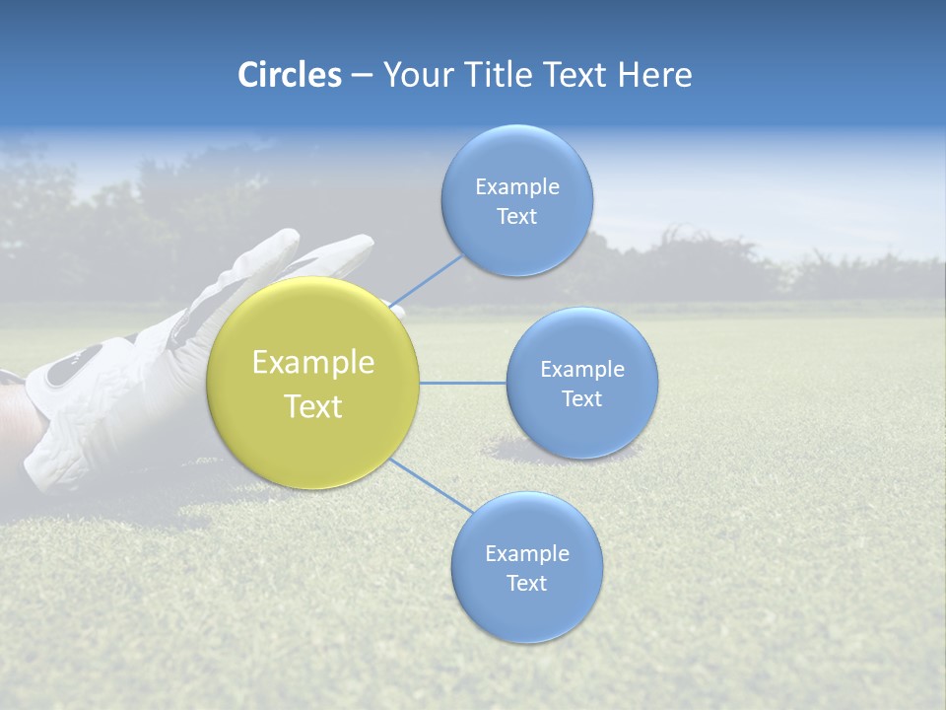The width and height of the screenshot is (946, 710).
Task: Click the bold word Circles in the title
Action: click(289, 75)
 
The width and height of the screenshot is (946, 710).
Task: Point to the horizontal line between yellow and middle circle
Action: click(463, 383)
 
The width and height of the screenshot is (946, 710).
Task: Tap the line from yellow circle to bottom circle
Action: click(432, 486)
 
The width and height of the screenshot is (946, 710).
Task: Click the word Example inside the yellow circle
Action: click(312, 362)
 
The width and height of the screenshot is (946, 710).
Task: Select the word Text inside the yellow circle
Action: click(312, 406)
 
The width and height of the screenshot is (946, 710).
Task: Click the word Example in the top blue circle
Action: click(517, 186)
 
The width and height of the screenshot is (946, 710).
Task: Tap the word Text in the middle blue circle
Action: click(582, 398)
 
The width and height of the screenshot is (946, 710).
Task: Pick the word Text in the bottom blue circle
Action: click(527, 583)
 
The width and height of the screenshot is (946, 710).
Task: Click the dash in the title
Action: click(362, 76)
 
